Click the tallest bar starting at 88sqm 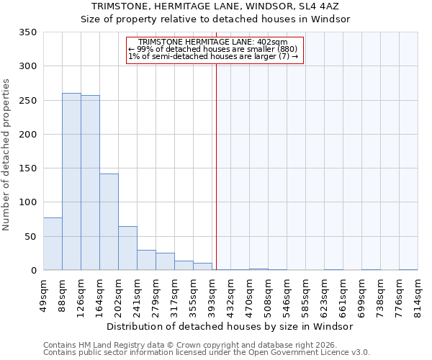(x=71, y=181)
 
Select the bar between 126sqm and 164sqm (x=90, y=183)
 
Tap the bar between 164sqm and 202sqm (x=109, y=222)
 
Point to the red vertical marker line (x=216, y=166)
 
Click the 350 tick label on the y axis (x=27, y=32)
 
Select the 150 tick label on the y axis (x=27, y=168)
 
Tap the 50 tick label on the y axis (x=30, y=237)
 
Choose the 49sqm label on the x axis (x=44, y=294)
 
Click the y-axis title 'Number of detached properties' (x=6, y=155)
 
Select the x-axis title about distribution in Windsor (x=235, y=326)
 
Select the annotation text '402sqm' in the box (x=274, y=42)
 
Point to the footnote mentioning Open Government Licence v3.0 (x=207, y=352)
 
